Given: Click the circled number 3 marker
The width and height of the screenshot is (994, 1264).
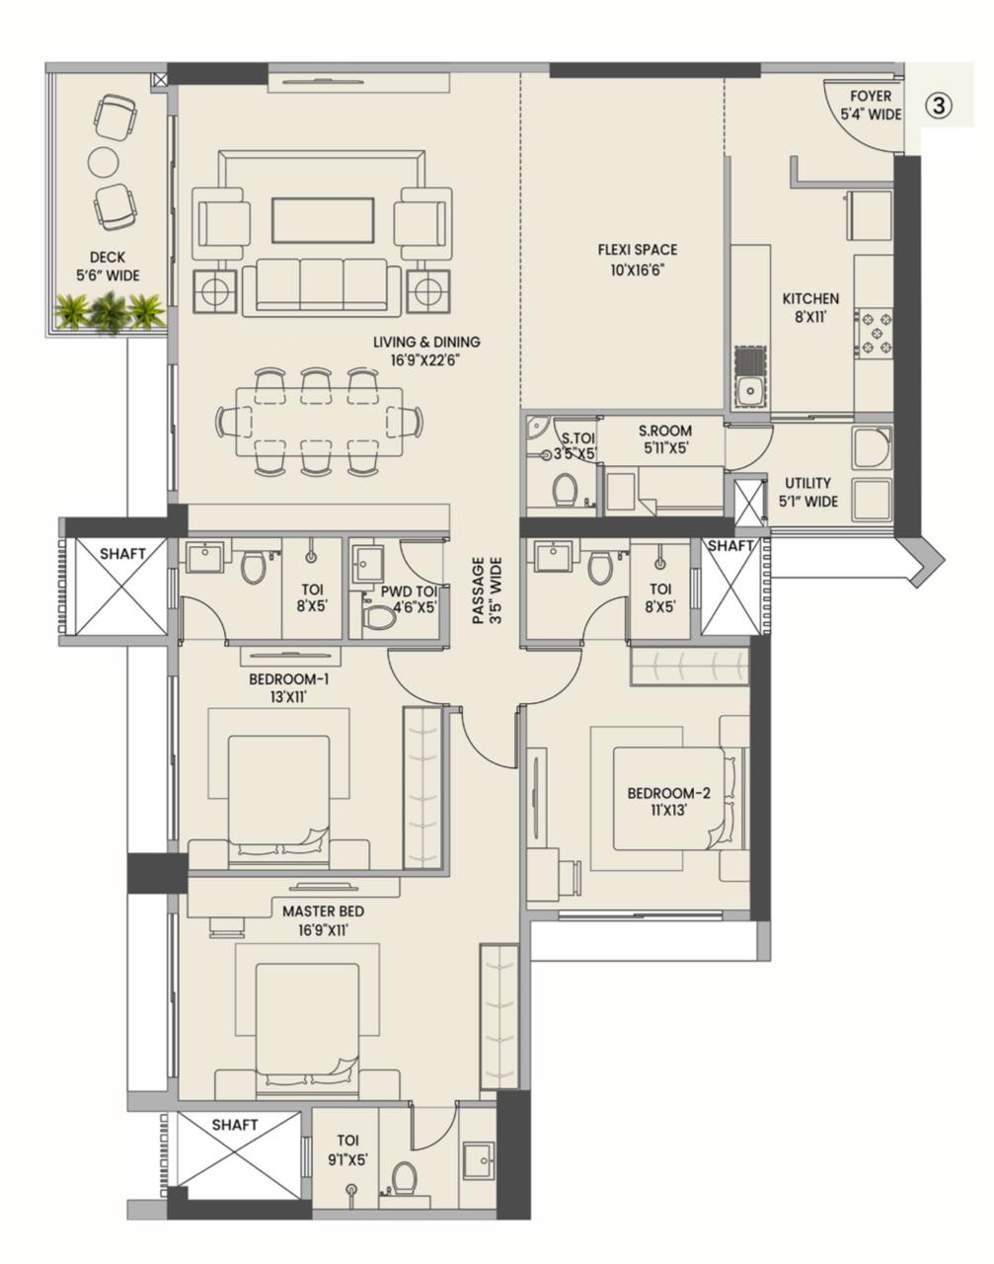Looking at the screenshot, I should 939,107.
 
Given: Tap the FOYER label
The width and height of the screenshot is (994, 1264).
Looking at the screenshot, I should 871,97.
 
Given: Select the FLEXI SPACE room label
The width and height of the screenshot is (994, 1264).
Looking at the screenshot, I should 637,250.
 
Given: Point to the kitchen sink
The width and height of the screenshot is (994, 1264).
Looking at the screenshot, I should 750,389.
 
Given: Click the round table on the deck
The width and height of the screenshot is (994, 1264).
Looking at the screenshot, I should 104,160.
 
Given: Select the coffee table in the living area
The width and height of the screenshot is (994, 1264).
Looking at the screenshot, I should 323,220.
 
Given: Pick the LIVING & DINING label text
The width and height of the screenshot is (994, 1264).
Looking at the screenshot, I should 426,342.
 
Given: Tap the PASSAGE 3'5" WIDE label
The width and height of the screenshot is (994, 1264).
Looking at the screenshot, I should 487,591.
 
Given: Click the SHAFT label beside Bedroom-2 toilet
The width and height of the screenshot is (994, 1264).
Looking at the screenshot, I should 730,546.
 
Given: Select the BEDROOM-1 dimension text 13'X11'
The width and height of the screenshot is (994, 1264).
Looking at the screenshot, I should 288,697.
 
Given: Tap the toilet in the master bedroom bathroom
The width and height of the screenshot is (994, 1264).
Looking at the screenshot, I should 404,1177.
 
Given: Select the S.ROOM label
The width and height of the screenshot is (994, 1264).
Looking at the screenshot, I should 664,431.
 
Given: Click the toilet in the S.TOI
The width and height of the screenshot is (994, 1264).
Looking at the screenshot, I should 565,490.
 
